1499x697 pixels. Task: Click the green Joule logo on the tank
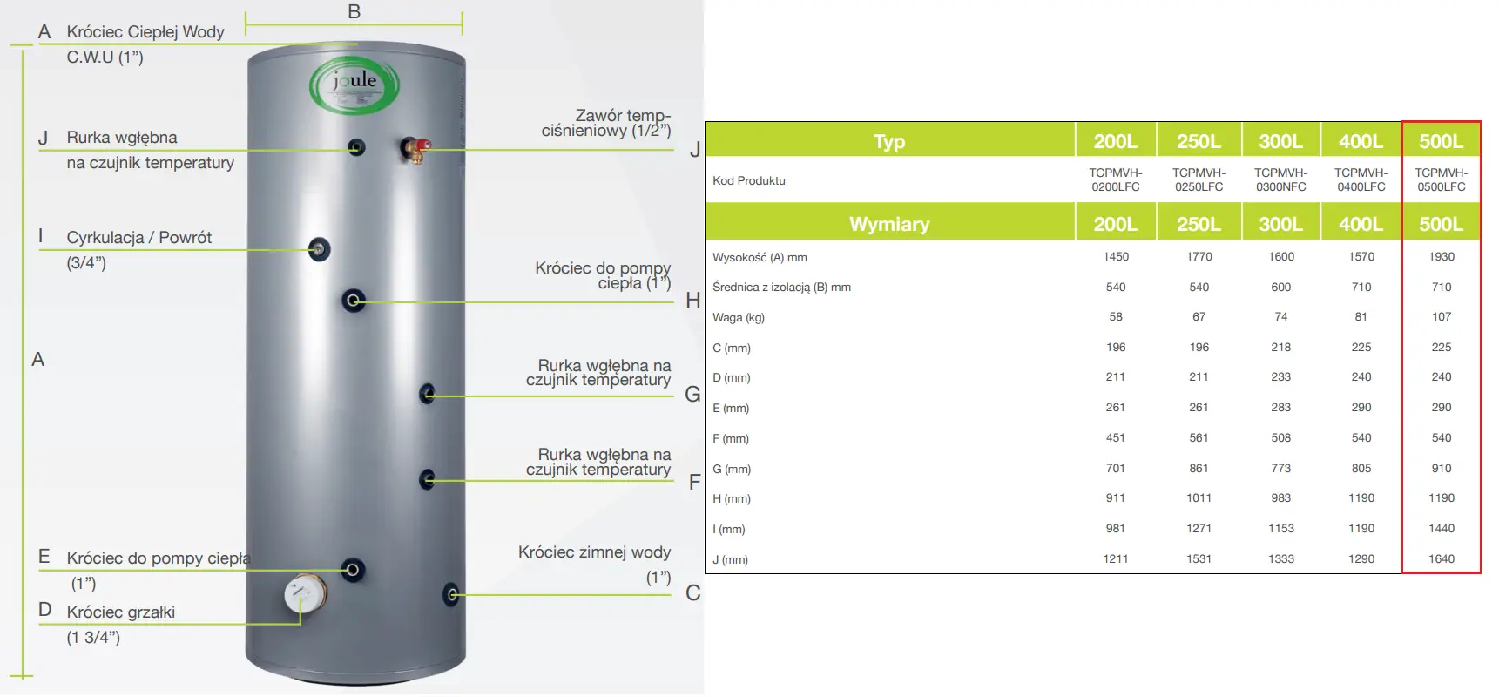354,85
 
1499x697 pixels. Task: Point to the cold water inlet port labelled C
451,594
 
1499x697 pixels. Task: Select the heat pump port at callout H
354,301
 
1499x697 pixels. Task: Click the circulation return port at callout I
320,250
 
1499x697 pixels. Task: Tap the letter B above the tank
354,12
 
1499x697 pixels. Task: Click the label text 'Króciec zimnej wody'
594,552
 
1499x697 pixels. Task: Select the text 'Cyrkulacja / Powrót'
139,238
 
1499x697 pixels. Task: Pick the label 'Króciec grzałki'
121,612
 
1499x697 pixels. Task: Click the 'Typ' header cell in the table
889,141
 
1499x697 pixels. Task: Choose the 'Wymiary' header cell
889,224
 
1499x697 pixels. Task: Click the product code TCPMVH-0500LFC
1442,179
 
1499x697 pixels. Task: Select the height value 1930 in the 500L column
1442,257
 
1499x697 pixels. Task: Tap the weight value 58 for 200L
1116,317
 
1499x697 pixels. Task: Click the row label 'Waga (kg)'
739,318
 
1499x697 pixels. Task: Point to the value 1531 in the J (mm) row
1199,559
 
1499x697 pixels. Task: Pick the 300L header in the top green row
1280,141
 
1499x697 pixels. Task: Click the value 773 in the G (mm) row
1281,469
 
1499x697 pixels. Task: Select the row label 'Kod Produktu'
749,181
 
